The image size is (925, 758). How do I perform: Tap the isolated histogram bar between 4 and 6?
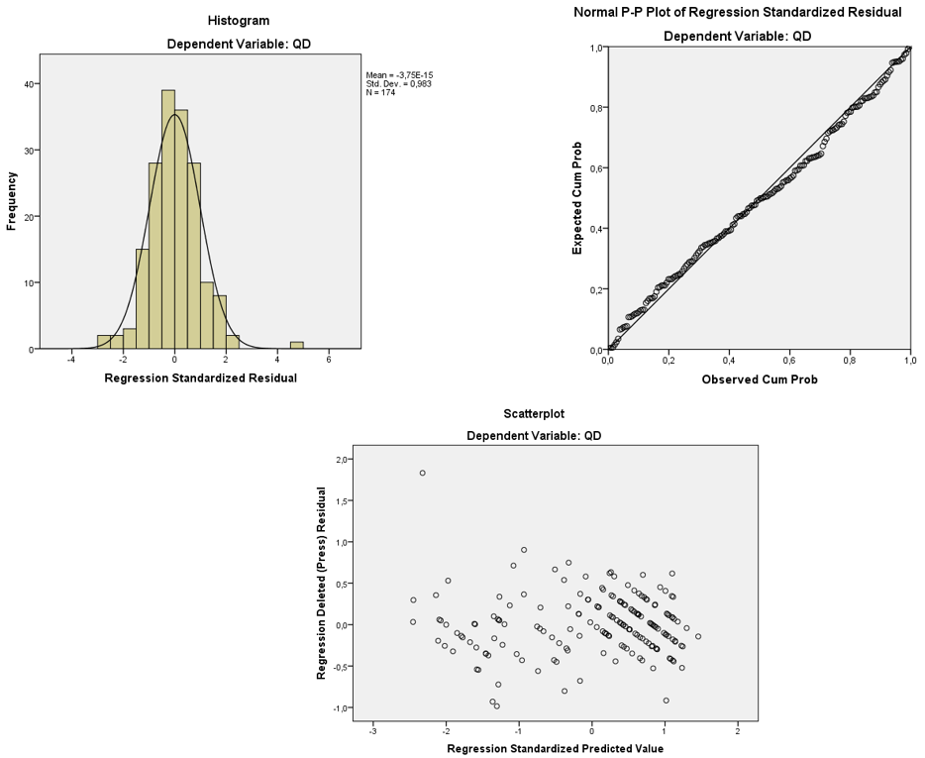coord(297,345)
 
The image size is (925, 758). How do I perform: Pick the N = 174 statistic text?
coord(381,93)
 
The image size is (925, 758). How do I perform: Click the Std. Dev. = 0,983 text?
coord(398,83)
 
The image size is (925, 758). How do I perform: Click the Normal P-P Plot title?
coord(738,13)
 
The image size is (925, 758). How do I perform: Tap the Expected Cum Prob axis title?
coord(577,198)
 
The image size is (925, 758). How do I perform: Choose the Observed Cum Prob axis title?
coord(759,379)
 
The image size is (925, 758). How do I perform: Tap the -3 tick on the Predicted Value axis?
coord(371,731)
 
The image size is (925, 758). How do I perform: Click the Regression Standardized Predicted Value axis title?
coord(555,748)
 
